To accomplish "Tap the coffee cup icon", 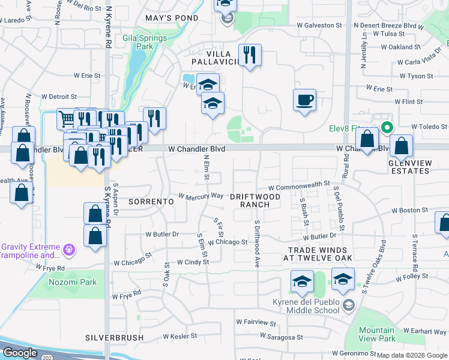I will coord(305,99).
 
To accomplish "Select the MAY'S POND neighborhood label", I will coord(172,18).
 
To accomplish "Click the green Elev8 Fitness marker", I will coord(387,127).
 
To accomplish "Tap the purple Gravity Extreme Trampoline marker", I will coord(69,248).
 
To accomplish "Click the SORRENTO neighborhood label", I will coord(151,202).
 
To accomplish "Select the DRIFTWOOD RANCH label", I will coord(256,200).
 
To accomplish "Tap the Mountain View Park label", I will coord(376,334).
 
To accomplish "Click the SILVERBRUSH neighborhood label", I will coord(114,338).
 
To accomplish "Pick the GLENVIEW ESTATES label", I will coord(409,167).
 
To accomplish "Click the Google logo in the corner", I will coord(20,353).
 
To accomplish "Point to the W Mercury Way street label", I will coord(201,196).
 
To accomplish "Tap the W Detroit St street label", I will coord(59,97).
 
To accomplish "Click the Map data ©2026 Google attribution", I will coord(412,355).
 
